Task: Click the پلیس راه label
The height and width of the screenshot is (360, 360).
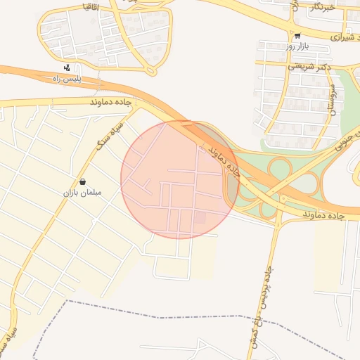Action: pyautogui.click(x=83, y=79)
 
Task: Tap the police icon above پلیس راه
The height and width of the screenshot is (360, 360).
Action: pyautogui.click(x=66, y=68)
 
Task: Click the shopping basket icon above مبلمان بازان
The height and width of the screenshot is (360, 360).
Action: pyautogui.click(x=83, y=181)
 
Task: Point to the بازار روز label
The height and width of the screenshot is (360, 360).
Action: pyautogui.click(x=297, y=46)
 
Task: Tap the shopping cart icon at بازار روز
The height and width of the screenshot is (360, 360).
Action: pyautogui.click(x=297, y=35)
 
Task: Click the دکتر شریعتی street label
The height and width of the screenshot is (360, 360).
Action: pyautogui.click(x=309, y=67)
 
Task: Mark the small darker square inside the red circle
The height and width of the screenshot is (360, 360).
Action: pyautogui.click(x=200, y=219)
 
